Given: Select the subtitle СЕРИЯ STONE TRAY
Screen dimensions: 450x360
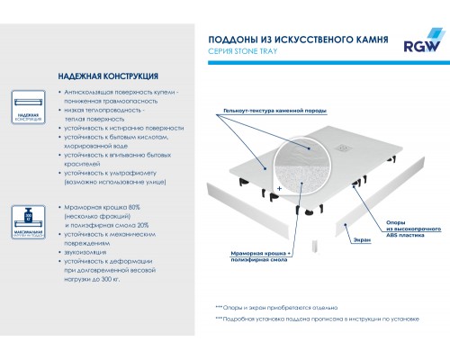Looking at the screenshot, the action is click(244, 52).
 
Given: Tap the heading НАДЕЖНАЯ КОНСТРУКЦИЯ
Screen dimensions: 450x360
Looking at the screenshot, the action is click(96, 77).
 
